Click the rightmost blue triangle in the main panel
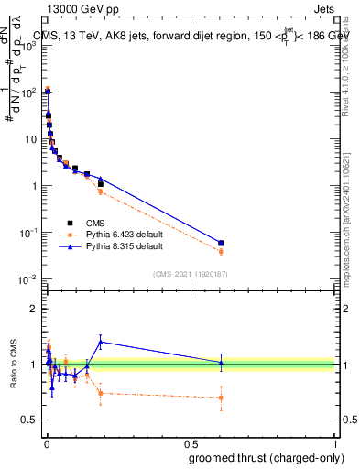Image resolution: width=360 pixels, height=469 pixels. click(x=221, y=243)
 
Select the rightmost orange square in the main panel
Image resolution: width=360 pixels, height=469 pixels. click(x=221, y=251)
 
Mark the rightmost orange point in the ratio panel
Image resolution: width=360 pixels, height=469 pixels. click(x=221, y=398)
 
